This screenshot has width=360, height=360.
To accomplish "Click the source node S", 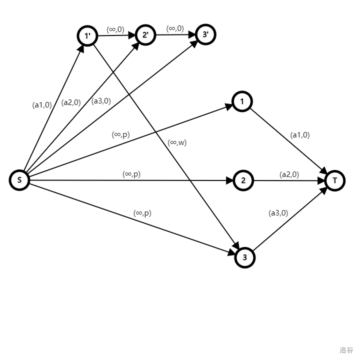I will [19, 180].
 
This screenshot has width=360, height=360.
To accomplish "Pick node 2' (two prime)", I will [145, 35].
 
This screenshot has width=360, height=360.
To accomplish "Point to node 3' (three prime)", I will [205, 34].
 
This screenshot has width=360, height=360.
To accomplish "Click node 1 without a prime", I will [242, 102].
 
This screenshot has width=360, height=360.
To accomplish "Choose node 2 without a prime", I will [243, 180].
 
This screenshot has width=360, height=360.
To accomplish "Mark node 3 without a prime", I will [244, 258].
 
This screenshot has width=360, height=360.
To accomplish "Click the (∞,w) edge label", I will [177, 142].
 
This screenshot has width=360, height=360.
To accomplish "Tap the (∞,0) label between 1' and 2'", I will [115, 29].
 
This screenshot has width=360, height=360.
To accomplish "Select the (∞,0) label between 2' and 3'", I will [175, 28].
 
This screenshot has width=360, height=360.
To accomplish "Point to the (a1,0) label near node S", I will [42, 105].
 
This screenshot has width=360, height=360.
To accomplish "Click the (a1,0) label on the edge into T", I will [300, 135].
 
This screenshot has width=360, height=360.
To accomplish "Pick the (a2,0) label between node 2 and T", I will [289, 174].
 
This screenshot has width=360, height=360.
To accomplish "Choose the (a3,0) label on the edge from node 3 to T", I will [278, 213].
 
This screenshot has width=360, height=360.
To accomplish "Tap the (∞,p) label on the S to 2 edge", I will [131, 174].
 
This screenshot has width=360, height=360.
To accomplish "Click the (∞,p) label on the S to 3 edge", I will [142, 213].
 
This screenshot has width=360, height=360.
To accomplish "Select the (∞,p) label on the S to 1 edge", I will [120, 134].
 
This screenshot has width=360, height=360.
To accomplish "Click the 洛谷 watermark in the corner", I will [346, 350].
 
